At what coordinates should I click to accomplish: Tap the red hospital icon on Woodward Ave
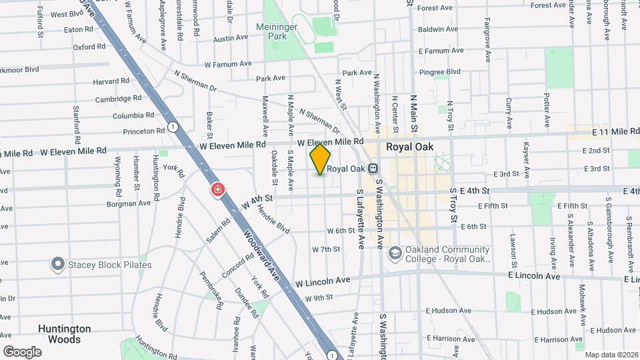(x=218, y=191)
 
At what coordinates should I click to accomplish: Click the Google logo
(x=22, y=351)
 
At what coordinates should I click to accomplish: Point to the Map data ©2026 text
(x=611, y=355)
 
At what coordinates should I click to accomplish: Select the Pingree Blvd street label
(x=439, y=71)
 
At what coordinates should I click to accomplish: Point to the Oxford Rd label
(x=89, y=47)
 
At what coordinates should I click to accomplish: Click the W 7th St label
(x=326, y=249)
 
